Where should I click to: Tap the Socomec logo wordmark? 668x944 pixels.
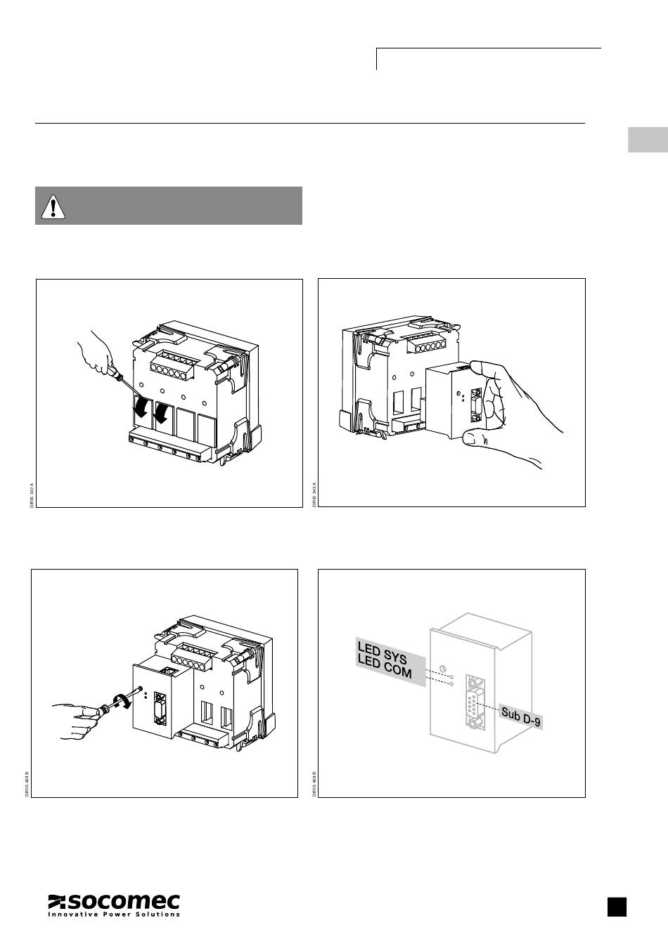click(114, 902)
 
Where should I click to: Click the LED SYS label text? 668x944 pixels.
click(383, 651)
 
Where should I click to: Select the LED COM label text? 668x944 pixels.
click(384, 667)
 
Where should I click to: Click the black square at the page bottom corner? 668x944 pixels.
click(617, 907)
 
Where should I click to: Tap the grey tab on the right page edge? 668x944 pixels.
click(648, 140)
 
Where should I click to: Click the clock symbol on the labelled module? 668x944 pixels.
click(442, 667)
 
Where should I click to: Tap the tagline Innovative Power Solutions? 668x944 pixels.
click(114, 914)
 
